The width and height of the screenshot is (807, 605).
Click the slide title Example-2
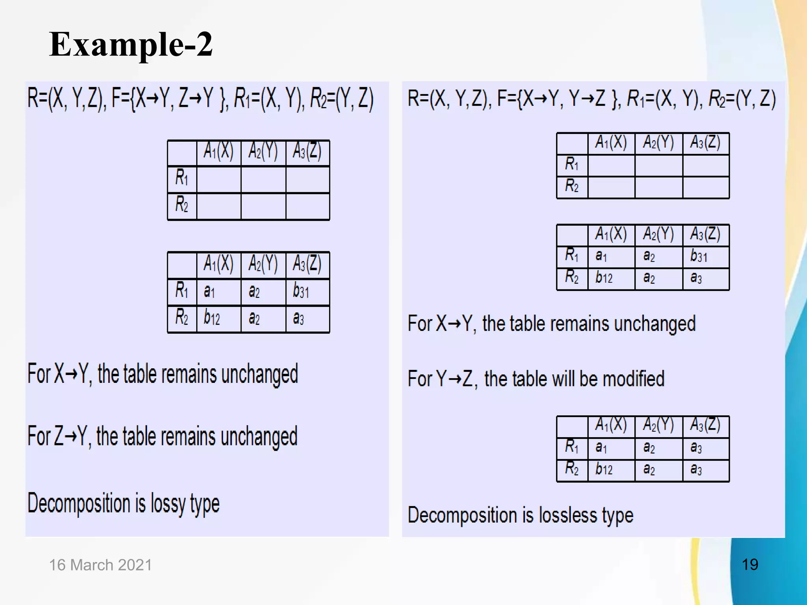(131, 45)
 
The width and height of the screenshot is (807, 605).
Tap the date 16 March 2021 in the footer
(100, 565)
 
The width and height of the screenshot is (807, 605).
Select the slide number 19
(750, 564)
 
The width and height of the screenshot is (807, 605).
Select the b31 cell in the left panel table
(301, 292)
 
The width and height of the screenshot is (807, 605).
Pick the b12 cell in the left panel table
(212, 318)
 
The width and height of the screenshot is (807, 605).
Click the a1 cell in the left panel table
(209, 292)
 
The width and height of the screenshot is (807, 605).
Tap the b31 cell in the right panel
(699, 256)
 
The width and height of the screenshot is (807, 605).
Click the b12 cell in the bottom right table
(604, 469)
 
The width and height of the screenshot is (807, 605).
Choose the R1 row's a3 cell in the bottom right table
(696, 447)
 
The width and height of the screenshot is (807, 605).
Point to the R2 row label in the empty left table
(182, 205)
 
